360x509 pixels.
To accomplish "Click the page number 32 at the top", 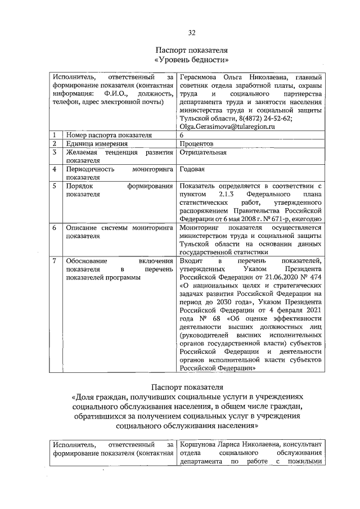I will [x=192, y=32].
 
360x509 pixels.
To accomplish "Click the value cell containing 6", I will [x=182, y=136].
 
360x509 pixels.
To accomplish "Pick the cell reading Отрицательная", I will [x=203, y=152].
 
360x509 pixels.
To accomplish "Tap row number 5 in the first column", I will [x=53, y=186].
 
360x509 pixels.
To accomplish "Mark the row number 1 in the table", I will [x=53, y=136].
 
